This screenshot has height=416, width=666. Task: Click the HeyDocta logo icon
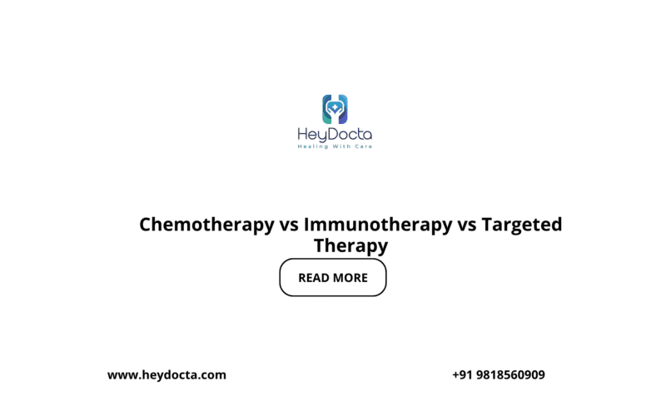click(335, 109)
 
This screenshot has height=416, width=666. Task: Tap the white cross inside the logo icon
click(335, 107)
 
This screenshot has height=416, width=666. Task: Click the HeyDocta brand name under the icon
click(335, 135)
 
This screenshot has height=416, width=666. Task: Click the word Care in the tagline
click(362, 147)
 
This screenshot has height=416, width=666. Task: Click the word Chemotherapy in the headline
click(206, 225)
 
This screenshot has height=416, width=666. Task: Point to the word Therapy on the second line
click(350, 246)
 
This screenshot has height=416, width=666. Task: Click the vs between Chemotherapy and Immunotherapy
click(288, 225)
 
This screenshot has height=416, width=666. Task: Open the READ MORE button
click(333, 278)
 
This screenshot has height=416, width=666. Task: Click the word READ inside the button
click(315, 278)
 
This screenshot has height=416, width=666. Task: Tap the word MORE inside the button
click(351, 278)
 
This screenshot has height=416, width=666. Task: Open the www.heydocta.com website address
click(166, 375)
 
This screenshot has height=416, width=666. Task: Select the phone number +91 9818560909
click(499, 375)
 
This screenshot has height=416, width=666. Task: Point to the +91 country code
click(461, 375)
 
